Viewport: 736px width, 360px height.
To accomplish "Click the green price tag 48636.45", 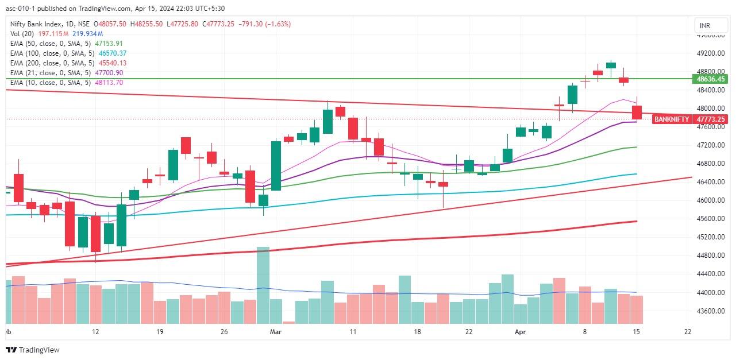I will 711,79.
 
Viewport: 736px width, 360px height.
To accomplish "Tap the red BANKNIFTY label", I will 672,119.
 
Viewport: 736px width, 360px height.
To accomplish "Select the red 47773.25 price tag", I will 711,119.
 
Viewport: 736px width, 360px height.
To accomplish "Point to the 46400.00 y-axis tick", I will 710,182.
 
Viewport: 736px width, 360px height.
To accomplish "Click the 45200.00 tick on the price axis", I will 710,237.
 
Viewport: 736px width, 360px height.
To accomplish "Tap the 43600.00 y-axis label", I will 710,311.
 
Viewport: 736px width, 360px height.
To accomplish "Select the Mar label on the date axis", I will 276,331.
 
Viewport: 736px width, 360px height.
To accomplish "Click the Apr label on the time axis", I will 521,331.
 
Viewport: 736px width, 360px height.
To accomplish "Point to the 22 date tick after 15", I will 688,331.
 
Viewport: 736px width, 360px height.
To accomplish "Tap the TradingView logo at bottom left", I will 33,350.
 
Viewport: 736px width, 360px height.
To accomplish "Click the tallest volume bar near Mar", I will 263,285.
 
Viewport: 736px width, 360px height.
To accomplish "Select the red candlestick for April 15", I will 637,112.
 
